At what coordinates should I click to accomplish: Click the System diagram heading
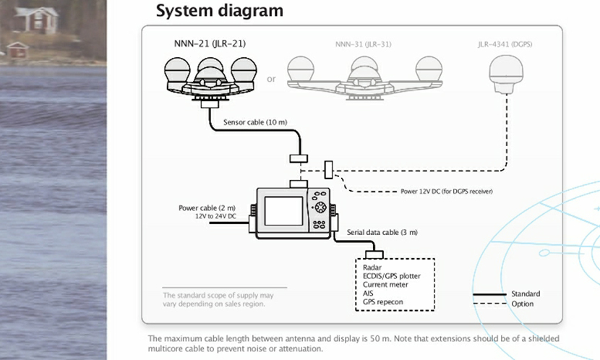(x=219, y=12)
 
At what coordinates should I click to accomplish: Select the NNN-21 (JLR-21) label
(x=210, y=44)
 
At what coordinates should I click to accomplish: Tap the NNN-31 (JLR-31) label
(x=363, y=44)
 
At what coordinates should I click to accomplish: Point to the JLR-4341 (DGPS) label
(x=505, y=44)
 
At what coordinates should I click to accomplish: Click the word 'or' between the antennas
(x=271, y=79)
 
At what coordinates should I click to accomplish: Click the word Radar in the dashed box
(x=372, y=267)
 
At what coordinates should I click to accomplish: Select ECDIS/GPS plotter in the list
(x=391, y=276)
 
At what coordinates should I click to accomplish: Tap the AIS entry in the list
(x=368, y=293)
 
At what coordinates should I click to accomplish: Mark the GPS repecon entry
(x=382, y=302)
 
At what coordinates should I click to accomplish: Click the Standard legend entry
(x=526, y=294)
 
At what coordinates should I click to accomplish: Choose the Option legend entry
(x=522, y=304)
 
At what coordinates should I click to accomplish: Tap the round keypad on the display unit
(x=320, y=207)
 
